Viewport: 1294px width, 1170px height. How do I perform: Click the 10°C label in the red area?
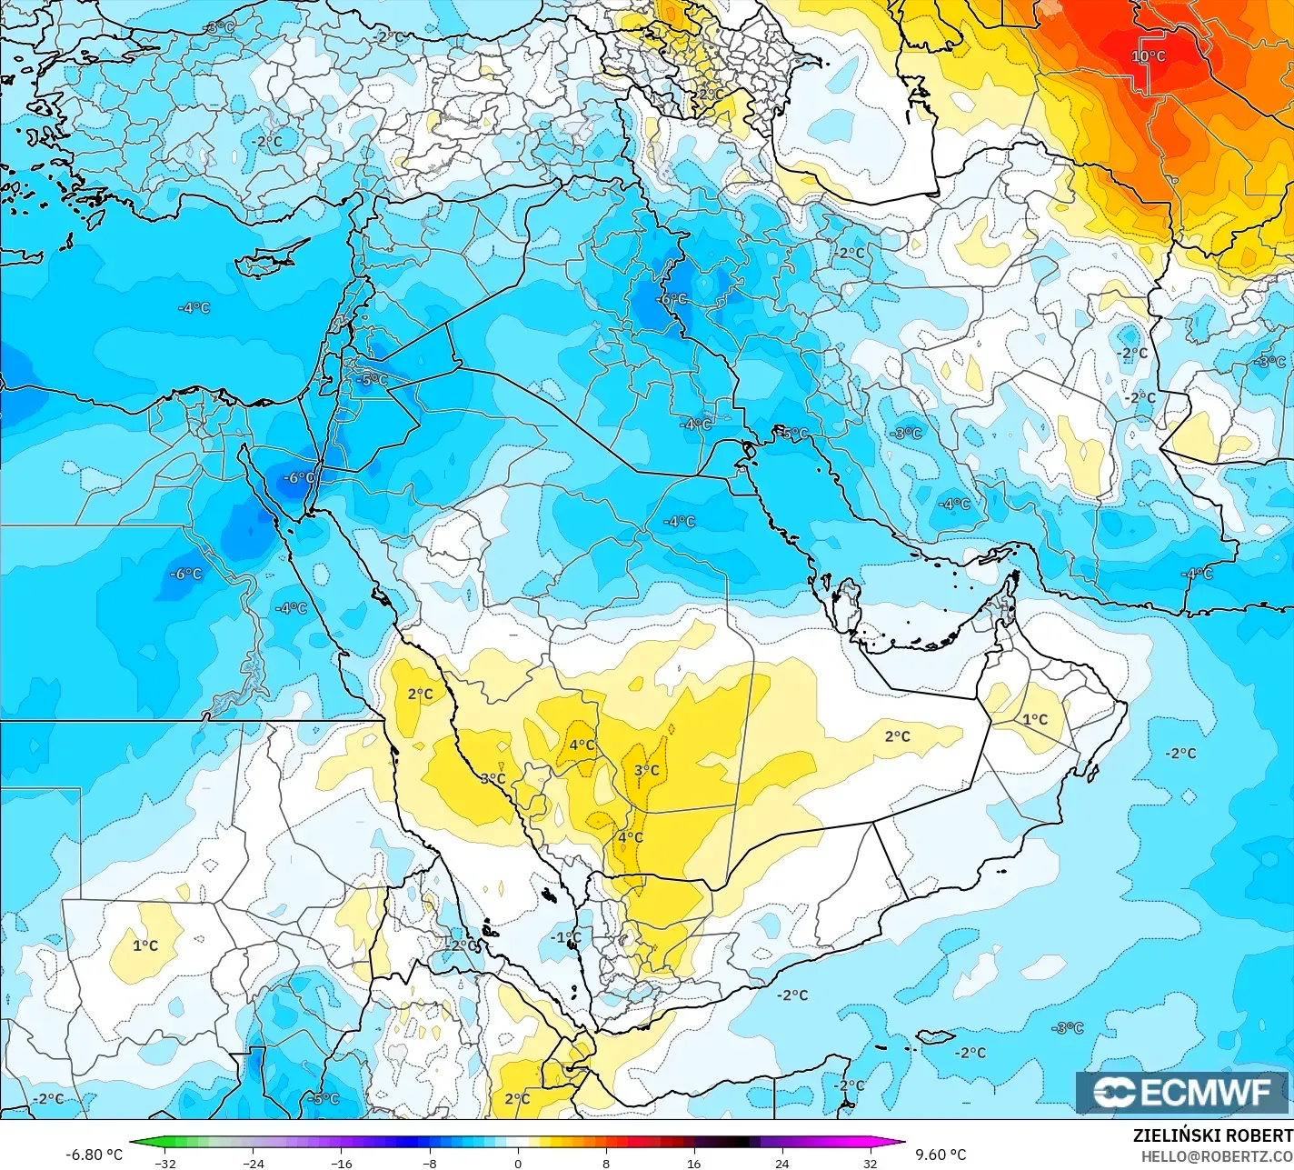click(x=1149, y=56)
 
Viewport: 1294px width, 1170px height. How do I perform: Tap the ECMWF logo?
click(x=1183, y=1093)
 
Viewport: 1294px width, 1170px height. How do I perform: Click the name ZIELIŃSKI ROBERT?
click(x=1212, y=1135)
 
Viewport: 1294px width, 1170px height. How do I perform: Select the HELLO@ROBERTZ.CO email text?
click(x=1217, y=1155)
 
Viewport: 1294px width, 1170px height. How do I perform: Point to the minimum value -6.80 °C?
click(x=95, y=1155)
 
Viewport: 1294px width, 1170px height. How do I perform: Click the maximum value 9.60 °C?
click(x=941, y=1155)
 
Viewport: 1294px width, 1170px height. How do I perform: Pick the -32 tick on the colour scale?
click(x=165, y=1163)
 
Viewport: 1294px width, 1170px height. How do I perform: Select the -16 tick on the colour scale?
click(x=342, y=1163)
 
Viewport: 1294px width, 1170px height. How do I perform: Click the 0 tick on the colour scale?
click(x=518, y=1163)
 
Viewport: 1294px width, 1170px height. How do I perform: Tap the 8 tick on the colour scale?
click(x=606, y=1163)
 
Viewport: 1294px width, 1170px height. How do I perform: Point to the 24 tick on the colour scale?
click(x=782, y=1163)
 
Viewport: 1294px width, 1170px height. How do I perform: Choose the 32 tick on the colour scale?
click(x=871, y=1163)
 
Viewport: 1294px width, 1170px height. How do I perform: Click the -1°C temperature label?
click(x=566, y=937)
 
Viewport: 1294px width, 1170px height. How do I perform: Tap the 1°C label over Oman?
click(x=1035, y=719)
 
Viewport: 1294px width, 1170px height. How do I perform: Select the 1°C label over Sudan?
click(x=145, y=945)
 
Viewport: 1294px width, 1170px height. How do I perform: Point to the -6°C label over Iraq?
click(x=672, y=299)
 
